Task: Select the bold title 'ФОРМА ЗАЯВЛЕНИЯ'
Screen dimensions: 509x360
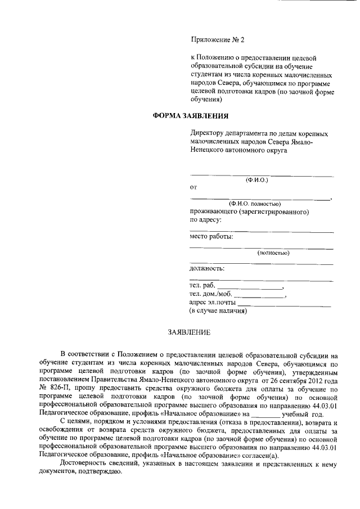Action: pyautogui.click(x=191, y=116)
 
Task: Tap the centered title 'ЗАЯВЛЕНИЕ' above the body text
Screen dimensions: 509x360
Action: pyautogui.click(x=190, y=332)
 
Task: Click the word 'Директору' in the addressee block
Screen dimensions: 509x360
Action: pyautogui.click(x=207, y=133)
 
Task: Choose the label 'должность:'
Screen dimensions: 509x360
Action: pyautogui.click(x=208, y=268)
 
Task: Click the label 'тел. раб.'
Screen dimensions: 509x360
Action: pyautogui.click(x=203, y=286)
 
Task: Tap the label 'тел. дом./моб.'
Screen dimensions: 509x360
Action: pyautogui.click(x=211, y=294)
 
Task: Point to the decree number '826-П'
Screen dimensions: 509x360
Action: pyautogui.click(x=60, y=388)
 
